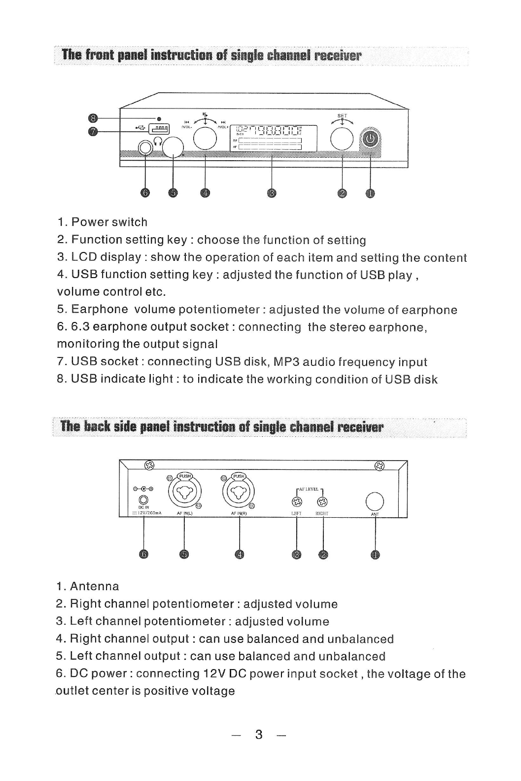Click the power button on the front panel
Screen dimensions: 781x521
coord(371,140)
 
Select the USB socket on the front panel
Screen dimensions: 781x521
coord(160,129)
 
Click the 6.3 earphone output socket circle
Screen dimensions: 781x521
coord(145,147)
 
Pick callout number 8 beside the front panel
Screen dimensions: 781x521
coord(93,118)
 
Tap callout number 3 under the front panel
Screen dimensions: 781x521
coord(272,193)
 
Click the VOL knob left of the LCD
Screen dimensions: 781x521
coord(205,137)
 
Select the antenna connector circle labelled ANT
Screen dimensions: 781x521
coord(375,501)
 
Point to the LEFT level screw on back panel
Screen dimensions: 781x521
coord(296,502)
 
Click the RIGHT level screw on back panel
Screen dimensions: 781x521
coord(322,502)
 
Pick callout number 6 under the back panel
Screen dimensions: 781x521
coord(143,555)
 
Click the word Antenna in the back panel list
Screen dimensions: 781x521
coord(94,586)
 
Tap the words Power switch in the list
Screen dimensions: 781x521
coord(109,222)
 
